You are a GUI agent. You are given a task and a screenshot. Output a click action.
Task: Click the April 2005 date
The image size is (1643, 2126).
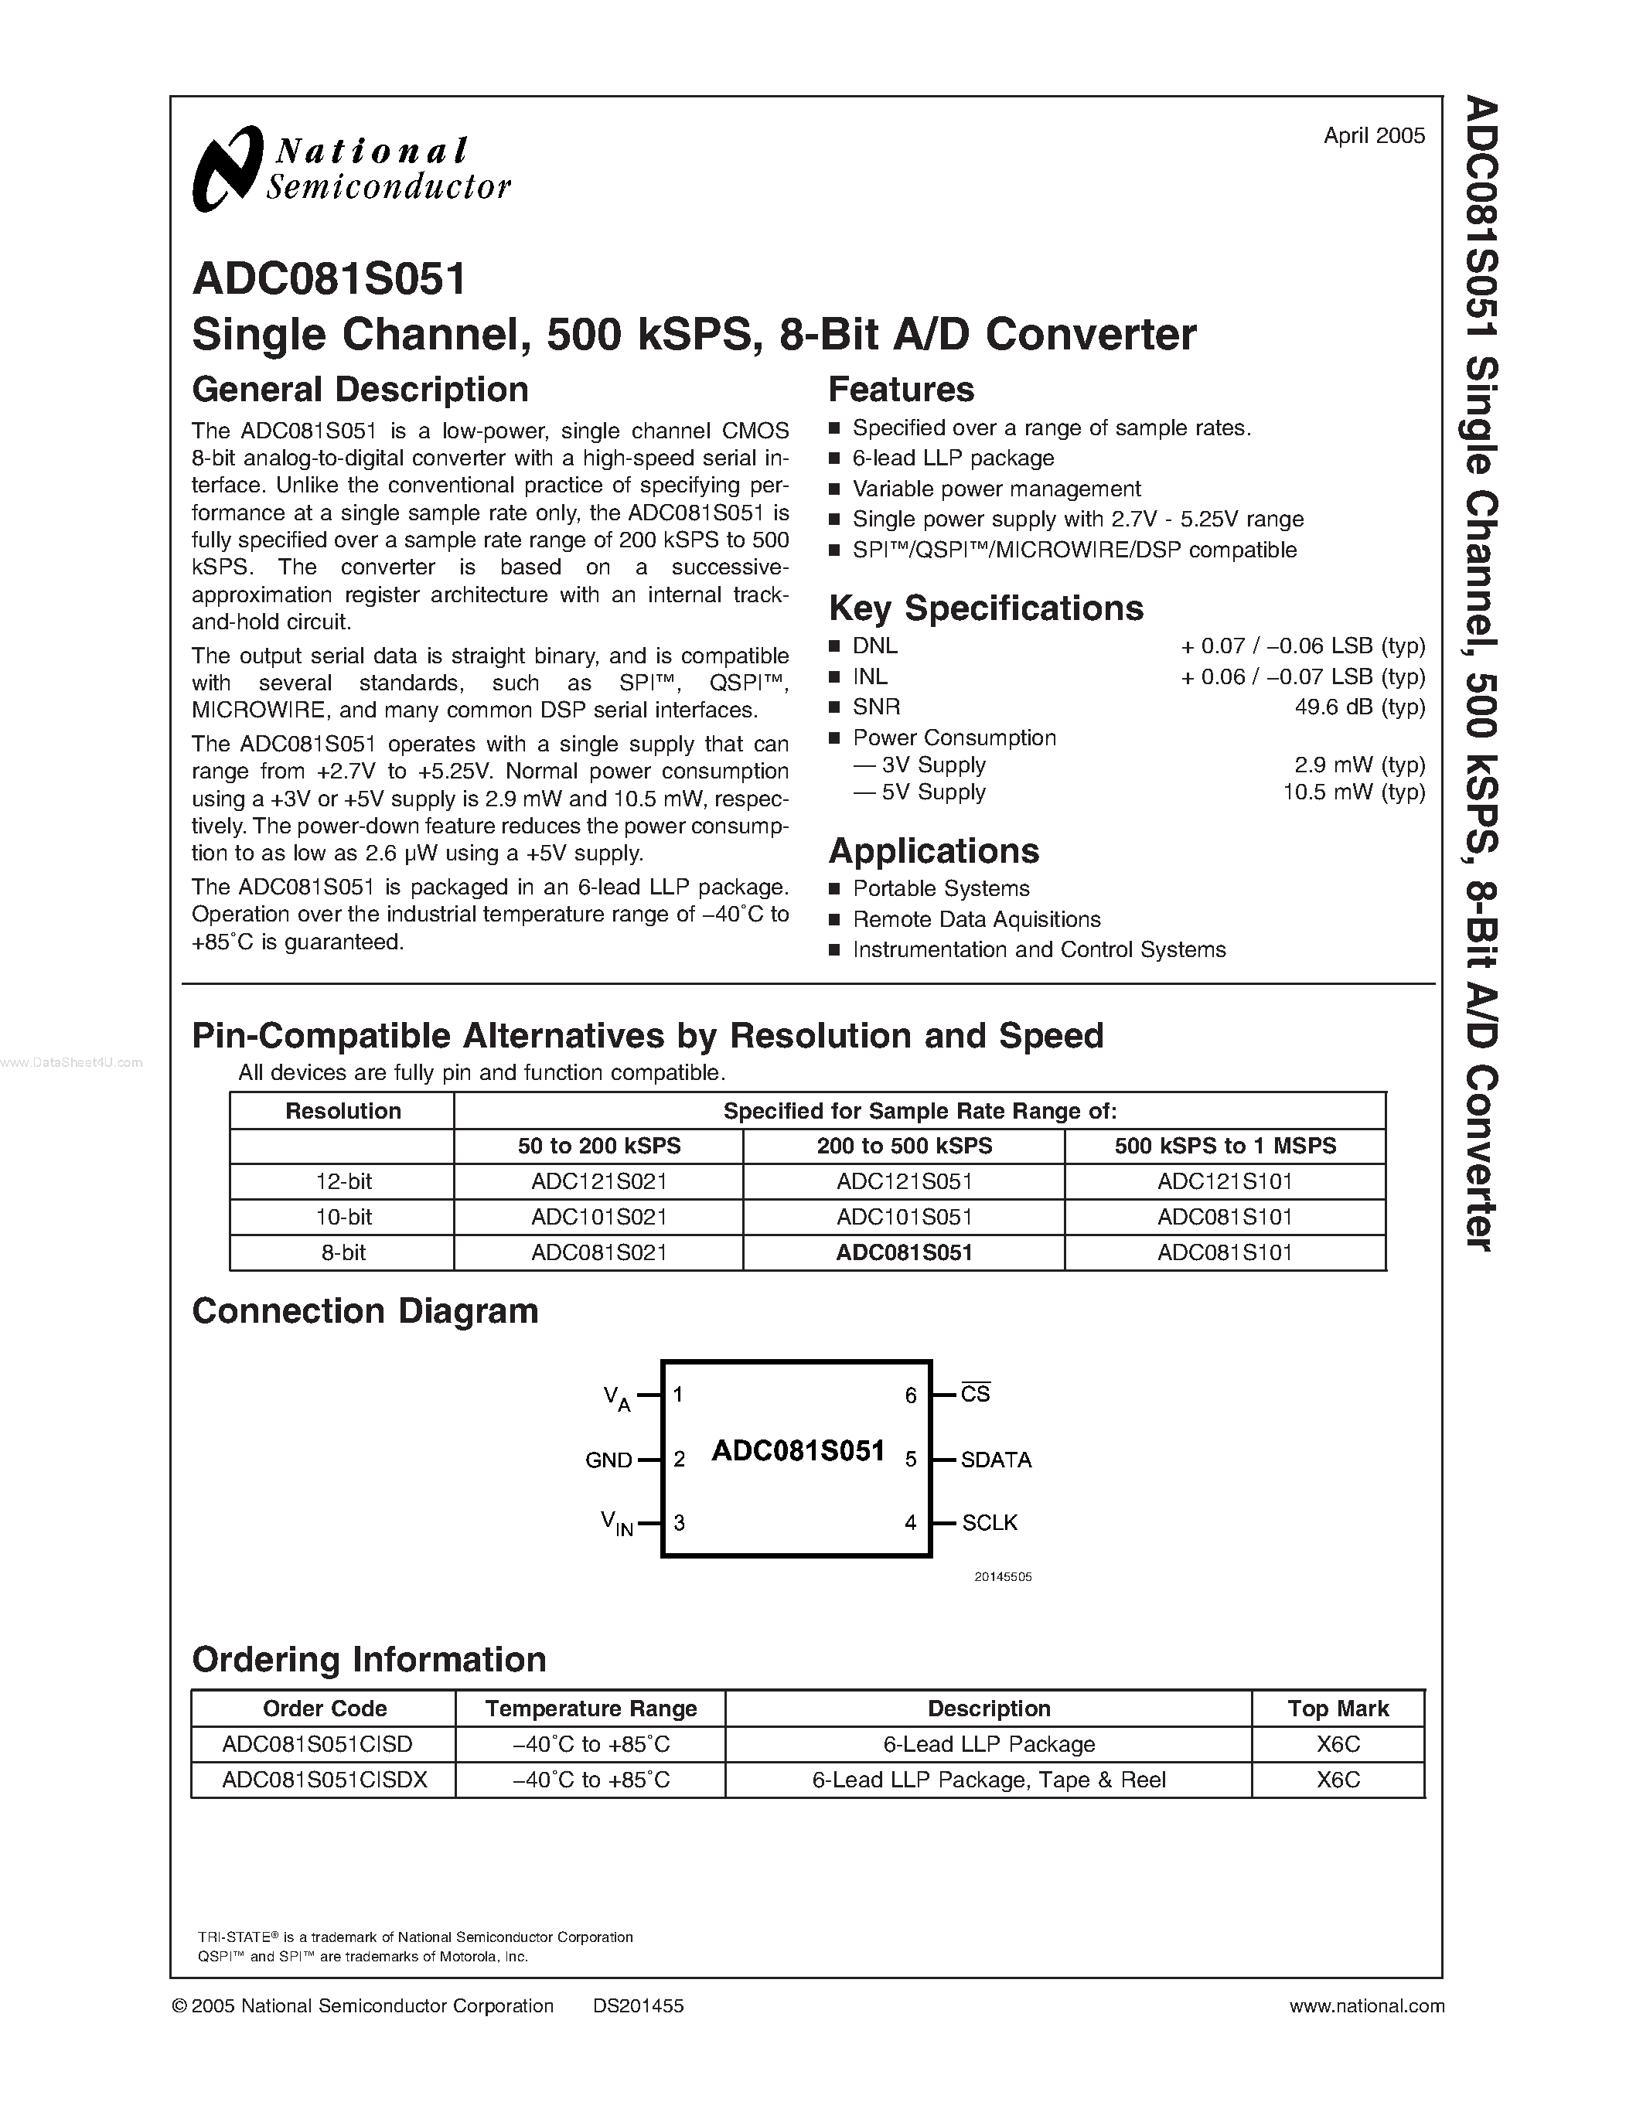[x=1373, y=136]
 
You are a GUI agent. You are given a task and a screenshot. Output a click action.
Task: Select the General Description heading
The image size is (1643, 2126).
[x=360, y=390]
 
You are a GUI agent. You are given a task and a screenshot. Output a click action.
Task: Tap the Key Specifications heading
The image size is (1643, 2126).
[x=985, y=608]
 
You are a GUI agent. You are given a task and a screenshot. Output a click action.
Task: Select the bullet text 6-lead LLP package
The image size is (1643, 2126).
[x=953, y=458]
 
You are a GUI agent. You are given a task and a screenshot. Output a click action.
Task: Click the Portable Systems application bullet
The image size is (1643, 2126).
[x=940, y=889]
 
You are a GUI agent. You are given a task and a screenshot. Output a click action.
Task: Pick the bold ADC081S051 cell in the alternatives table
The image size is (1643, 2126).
[x=905, y=1253]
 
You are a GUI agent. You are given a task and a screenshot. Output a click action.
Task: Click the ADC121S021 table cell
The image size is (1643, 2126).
[x=598, y=1182]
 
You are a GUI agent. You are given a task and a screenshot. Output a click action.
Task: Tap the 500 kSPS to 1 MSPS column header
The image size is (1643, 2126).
[x=1225, y=1146]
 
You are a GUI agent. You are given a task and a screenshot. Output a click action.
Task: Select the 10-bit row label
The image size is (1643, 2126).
[x=343, y=1217]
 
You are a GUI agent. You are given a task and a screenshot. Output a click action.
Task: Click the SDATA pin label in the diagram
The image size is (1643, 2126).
[x=995, y=1459]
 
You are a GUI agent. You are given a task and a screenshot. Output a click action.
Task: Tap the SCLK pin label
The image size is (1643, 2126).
[x=989, y=1522]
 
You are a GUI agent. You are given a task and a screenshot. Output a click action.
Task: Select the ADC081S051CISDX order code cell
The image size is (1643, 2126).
[x=324, y=1780]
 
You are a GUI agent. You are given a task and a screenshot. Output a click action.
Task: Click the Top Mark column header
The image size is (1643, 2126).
[x=1338, y=1709]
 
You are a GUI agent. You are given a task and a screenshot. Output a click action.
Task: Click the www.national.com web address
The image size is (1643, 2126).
[x=1365, y=2005]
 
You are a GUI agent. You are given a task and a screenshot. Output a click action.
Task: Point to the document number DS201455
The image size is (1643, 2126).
[x=638, y=2005]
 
